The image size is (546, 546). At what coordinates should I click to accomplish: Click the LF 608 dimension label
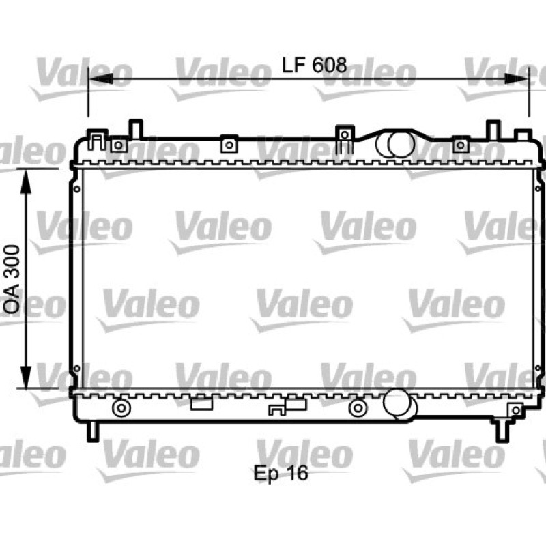[315, 65]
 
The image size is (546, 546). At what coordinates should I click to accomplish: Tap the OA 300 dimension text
[12, 279]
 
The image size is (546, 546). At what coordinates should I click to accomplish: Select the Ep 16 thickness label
[281, 473]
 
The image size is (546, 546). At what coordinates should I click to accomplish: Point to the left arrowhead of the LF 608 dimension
[101, 78]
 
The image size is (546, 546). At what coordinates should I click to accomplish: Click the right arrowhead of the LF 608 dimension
[516, 78]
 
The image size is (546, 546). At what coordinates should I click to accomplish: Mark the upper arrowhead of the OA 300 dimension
[26, 182]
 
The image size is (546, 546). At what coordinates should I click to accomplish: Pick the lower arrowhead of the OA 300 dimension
[26, 376]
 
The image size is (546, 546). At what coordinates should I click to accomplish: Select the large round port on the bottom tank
[399, 404]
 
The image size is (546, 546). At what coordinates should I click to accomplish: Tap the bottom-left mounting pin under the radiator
[93, 431]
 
